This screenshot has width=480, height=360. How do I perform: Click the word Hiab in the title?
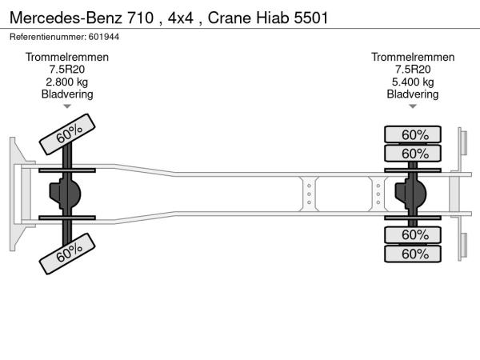tap(274, 17)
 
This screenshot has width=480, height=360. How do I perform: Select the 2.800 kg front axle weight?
tap(67, 82)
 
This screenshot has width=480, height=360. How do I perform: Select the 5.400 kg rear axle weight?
tap(413, 82)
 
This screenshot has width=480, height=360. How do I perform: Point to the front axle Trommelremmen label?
tap(67, 57)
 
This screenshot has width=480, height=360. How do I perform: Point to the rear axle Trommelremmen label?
tap(413, 57)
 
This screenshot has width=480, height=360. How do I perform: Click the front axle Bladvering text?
tap(67, 94)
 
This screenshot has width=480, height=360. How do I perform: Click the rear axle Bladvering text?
tap(413, 94)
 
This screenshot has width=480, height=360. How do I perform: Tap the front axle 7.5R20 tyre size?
tap(67, 70)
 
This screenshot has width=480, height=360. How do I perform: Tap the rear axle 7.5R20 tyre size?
tap(413, 70)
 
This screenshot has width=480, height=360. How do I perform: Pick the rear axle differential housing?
tap(413, 194)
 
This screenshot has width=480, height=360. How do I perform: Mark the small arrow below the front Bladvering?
tap(67, 106)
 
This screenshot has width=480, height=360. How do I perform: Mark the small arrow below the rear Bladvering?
tap(413, 106)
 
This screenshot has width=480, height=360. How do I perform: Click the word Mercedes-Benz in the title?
tap(56, 17)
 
